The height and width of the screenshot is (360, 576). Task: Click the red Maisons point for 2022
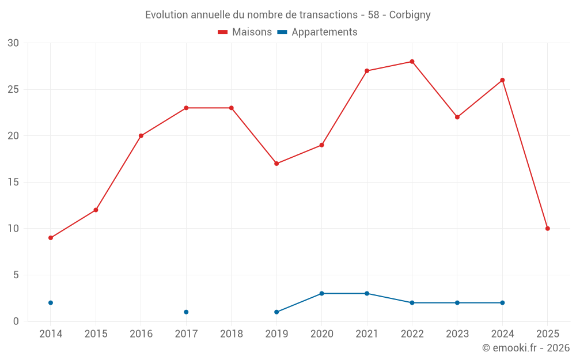coord(412,62)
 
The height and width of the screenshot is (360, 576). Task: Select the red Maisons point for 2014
coord(51,238)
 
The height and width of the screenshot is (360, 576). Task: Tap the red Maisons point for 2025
coord(547,229)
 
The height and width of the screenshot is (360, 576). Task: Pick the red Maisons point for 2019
coord(276,164)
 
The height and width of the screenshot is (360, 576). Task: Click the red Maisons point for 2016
coord(141,136)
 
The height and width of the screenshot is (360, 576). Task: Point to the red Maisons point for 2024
coord(502,80)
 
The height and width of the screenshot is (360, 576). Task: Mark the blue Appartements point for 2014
coord(51,303)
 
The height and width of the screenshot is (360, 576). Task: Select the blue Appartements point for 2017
coord(186,312)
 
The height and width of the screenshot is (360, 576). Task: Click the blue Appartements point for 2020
coord(321,294)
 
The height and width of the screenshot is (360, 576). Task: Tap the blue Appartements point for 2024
coord(502,303)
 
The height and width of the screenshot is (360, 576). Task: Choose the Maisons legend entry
coord(245,32)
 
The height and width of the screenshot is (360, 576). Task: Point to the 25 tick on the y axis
coord(13,90)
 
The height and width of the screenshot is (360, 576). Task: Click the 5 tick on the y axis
coord(16,275)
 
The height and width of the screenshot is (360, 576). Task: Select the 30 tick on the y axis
coord(13,43)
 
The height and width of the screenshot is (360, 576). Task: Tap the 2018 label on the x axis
coord(231,334)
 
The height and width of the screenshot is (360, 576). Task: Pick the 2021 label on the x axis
coord(367,334)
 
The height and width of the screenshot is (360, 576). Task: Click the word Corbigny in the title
coord(410,15)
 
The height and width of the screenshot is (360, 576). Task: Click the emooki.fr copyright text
coord(526,348)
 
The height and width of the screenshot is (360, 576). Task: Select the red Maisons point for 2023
coord(457,117)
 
